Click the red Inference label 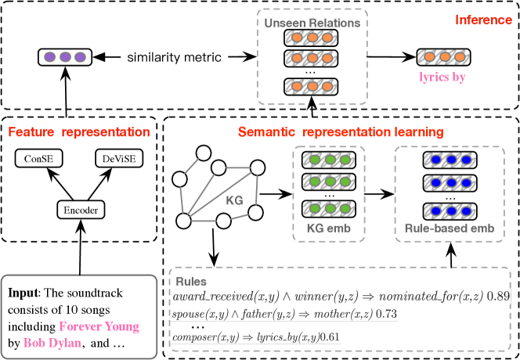(482, 18)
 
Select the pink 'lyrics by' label (439, 78)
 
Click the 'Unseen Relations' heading (312, 23)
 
